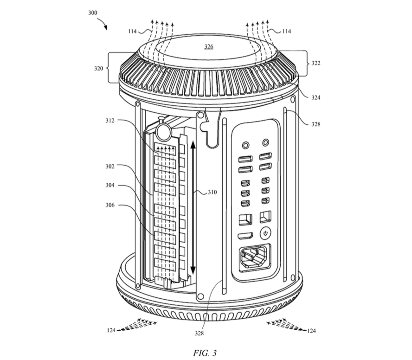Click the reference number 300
pos(92,13)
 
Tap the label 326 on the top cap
pos(209,46)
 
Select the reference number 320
pos(98,68)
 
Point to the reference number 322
pos(316,63)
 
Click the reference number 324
pos(316,97)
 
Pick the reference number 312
pos(110,120)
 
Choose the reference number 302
pos(110,166)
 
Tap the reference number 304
pos(110,185)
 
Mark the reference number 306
pos(110,205)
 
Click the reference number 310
pos(212,192)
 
